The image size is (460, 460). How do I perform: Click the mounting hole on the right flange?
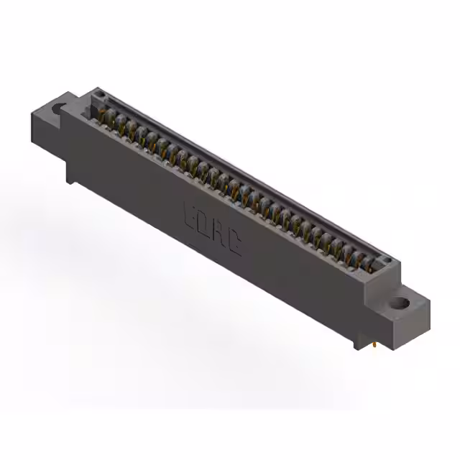(x=399, y=303)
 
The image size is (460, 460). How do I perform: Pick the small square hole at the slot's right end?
(x=385, y=260)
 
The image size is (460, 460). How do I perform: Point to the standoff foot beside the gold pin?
(x=359, y=344)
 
